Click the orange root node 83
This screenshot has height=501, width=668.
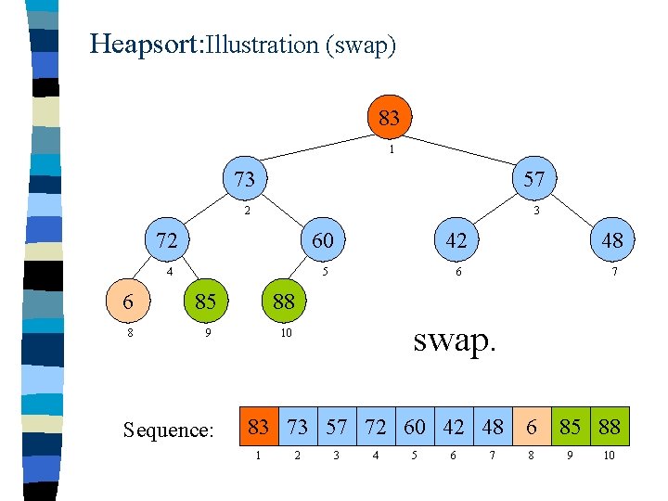pos(389,118)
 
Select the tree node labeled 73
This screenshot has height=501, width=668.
pos(244,178)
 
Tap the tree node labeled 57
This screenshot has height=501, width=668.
pos(533,178)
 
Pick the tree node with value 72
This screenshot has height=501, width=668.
pos(167,240)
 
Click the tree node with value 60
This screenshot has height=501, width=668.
pos(322,240)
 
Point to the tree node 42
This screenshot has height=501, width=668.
pos(455,240)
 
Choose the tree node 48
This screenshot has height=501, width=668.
pos(610,240)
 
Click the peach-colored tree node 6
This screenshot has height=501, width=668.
pos(127,301)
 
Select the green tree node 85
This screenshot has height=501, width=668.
pos(205,301)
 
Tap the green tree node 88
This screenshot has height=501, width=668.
pos(283,301)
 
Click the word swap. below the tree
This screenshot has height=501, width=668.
pos(455,340)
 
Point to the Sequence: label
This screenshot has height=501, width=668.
pos(169,430)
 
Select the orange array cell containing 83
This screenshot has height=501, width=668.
pos(259,427)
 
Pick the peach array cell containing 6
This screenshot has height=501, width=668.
pos(531,427)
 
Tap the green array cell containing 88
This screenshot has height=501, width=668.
pos(609,427)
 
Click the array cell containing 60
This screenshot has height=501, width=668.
pos(414,427)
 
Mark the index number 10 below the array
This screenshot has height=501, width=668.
pos(609,456)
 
